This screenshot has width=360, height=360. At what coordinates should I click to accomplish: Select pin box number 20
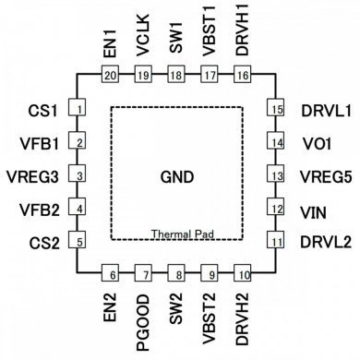(110, 76)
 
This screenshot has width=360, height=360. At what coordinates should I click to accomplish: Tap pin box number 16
(243, 76)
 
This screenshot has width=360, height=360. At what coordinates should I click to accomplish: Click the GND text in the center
(178, 176)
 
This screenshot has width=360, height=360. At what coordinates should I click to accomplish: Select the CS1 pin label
(42, 111)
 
